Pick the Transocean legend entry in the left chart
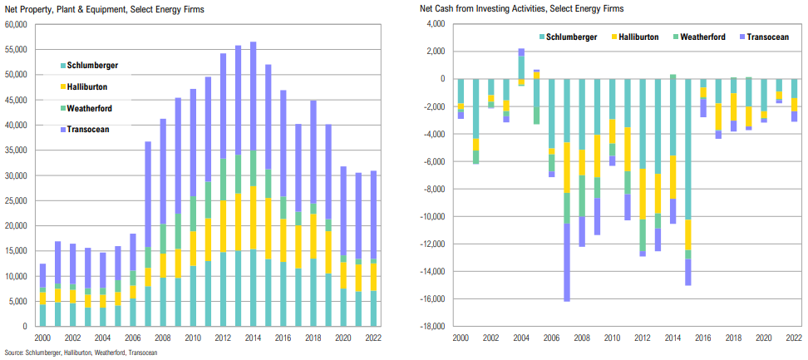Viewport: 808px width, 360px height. [x=88, y=129]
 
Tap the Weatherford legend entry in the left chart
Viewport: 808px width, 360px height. [x=90, y=108]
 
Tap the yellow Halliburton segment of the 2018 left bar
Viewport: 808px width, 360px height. [x=313, y=236]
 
